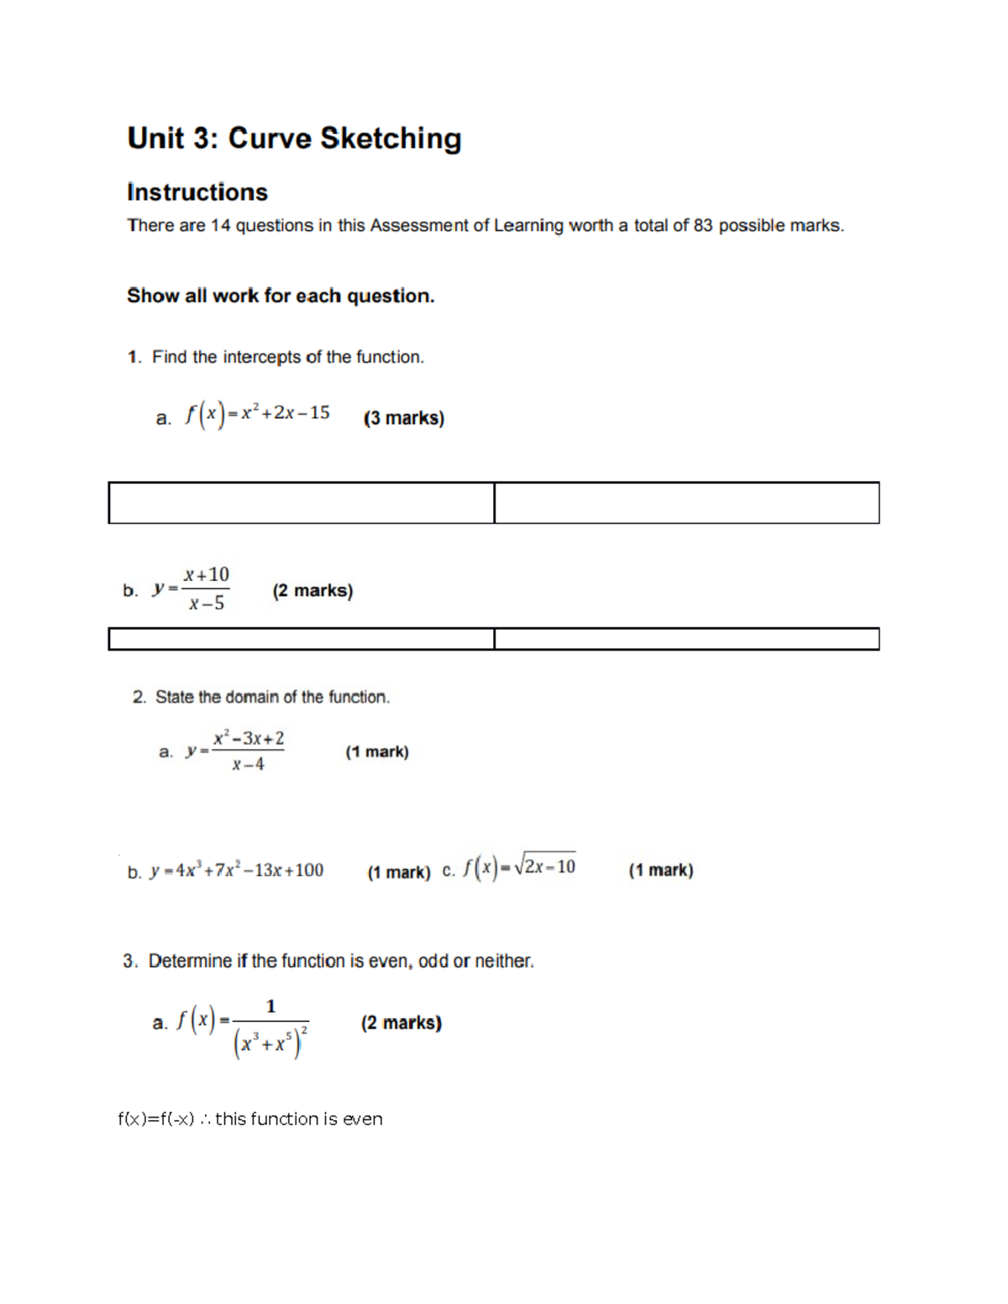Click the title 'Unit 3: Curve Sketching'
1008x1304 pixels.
coord(294,139)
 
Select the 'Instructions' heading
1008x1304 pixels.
coord(197,192)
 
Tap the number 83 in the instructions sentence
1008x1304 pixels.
coord(702,226)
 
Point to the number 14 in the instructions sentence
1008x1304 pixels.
coord(220,226)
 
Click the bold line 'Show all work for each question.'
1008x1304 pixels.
coord(281,296)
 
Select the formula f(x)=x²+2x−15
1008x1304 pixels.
coord(258,414)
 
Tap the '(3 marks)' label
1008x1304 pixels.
coord(403,418)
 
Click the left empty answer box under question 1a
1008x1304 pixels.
coord(301,503)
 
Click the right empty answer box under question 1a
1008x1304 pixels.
coord(686,503)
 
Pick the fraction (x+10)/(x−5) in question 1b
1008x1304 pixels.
coord(207,589)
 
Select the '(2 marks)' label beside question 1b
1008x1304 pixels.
coord(312,591)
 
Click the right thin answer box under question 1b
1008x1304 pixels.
coord(686,639)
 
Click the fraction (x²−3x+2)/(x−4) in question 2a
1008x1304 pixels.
coord(248,751)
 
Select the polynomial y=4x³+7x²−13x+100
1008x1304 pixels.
coord(236,871)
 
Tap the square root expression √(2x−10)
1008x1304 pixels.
coord(544,866)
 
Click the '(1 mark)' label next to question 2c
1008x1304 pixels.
coord(661,871)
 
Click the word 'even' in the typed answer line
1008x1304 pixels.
coord(362,1119)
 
